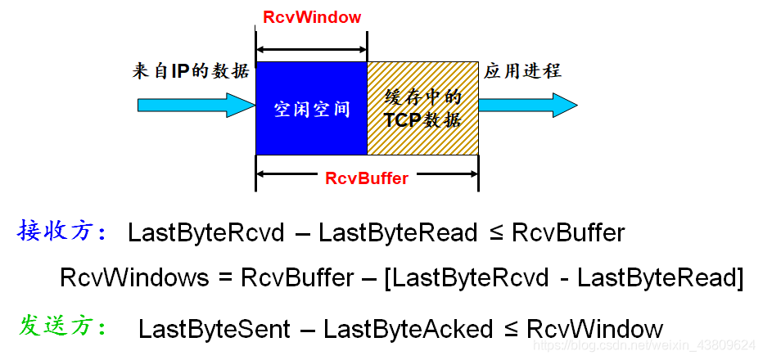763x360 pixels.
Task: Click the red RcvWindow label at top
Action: [x=312, y=16]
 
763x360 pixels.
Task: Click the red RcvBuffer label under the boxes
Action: [x=367, y=178]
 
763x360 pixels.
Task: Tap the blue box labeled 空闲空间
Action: [x=311, y=108]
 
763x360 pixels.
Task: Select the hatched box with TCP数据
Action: [x=422, y=108]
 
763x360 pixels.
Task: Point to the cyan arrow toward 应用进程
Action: [x=528, y=105]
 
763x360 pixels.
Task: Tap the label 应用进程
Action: [x=522, y=71]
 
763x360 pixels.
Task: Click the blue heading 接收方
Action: [x=62, y=232]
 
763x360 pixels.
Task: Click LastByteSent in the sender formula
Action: [x=214, y=329]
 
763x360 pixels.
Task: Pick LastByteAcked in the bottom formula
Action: [x=408, y=329]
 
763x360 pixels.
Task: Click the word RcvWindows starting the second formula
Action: [x=134, y=277]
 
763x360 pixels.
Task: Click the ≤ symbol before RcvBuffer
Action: [x=495, y=233]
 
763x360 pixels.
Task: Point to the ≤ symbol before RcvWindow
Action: [x=510, y=329]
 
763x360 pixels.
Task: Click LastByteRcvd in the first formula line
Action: [x=205, y=233]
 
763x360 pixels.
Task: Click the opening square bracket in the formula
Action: [x=388, y=277]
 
